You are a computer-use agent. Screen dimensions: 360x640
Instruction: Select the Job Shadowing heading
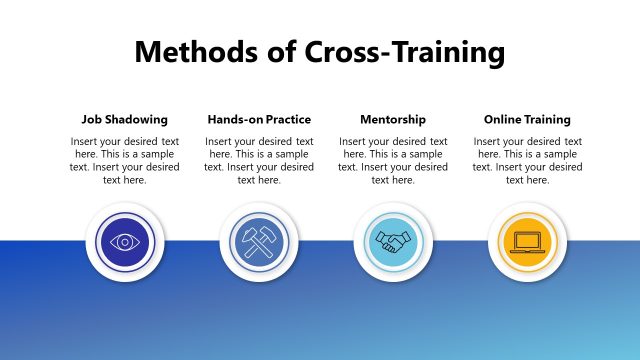click(x=125, y=119)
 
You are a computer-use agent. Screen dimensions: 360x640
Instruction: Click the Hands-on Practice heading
click(x=259, y=119)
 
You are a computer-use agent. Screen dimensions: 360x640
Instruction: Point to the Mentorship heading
click(x=392, y=119)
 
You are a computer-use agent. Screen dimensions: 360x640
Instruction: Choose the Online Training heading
click(x=527, y=119)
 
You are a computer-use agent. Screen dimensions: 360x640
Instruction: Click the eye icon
click(x=125, y=241)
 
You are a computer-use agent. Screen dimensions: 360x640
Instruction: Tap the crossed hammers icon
click(x=259, y=241)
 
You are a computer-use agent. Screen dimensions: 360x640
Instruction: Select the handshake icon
click(x=393, y=241)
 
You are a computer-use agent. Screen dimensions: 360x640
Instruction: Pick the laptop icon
click(x=527, y=241)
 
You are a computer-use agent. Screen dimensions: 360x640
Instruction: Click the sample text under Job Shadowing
click(x=125, y=161)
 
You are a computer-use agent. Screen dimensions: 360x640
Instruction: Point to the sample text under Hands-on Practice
click(x=259, y=161)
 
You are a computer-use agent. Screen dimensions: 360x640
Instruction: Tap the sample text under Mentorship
click(x=393, y=161)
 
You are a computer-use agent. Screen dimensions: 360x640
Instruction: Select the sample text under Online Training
click(x=527, y=161)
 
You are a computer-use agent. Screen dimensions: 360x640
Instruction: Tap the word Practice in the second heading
click(x=286, y=119)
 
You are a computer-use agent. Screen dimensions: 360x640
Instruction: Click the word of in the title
click(x=280, y=52)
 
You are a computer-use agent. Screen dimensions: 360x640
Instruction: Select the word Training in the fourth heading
click(x=548, y=119)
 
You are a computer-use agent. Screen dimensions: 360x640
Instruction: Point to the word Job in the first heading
click(x=93, y=119)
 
